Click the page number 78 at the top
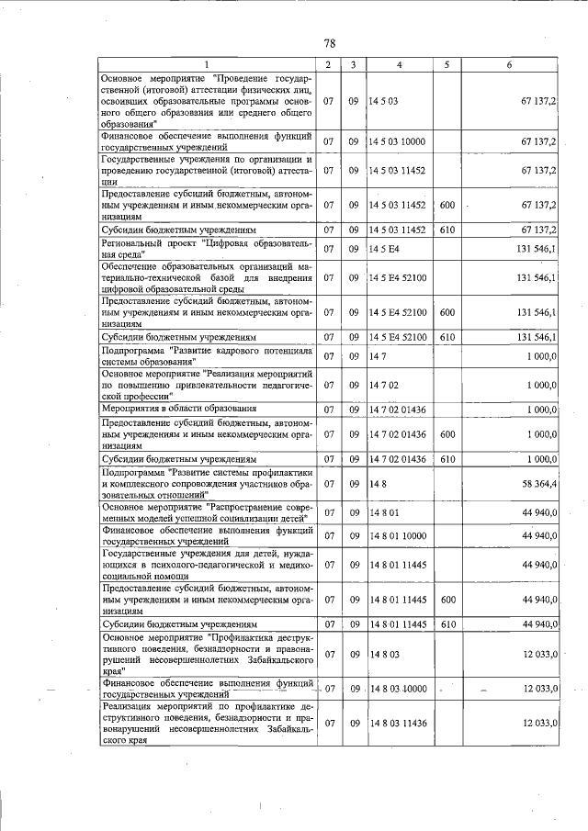click(330, 43)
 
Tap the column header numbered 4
click(399, 64)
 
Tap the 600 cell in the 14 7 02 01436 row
click(447, 433)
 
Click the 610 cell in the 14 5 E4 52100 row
click(447, 337)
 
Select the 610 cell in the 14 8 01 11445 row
click(447, 624)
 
